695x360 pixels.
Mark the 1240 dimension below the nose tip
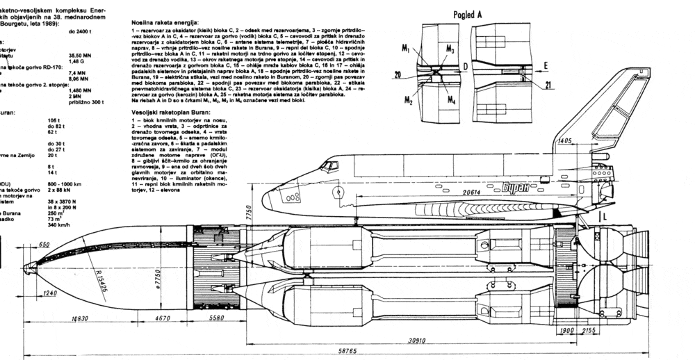tap(49, 293)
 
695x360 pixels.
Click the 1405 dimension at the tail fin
tap(564, 141)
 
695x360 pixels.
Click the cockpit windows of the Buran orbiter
tap(328, 167)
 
